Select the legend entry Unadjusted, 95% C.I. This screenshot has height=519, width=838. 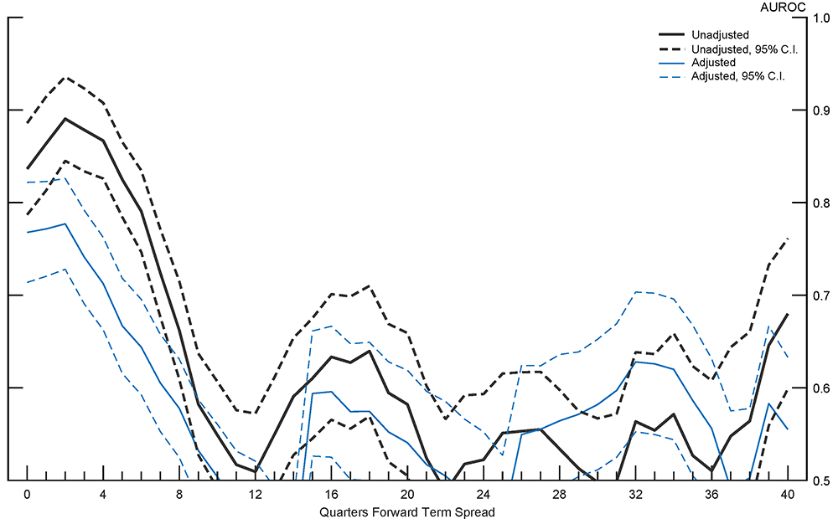[x=744, y=49]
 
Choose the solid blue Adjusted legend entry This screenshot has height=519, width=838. [x=714, y=63]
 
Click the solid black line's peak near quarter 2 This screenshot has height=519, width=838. [x=65, y=118]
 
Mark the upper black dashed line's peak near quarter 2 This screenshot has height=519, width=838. [x=65, y=77]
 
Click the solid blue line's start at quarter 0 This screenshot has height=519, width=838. [x=28, y=232]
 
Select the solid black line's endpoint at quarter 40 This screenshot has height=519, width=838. [x=787, y=314]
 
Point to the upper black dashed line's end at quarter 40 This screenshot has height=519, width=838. [x=787, y=239]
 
